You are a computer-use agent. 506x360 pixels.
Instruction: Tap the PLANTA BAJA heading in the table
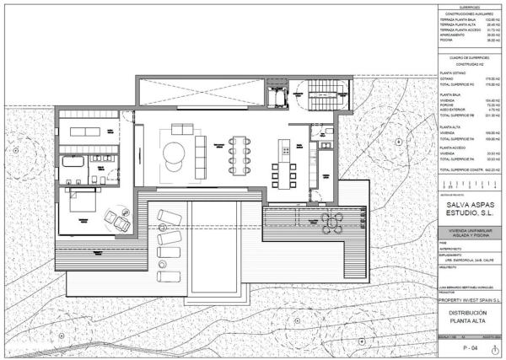tap(449, 94)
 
